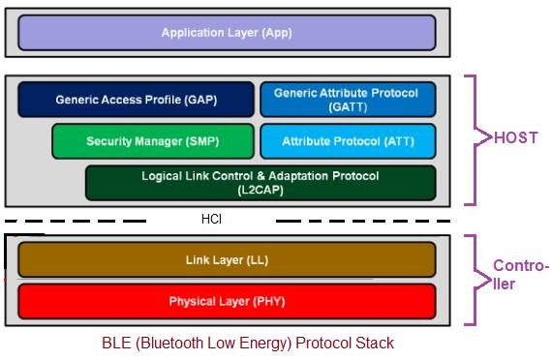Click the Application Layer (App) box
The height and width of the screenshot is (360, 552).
227,33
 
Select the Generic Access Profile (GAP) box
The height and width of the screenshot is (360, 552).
136,99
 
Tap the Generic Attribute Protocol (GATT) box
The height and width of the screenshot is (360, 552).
347,99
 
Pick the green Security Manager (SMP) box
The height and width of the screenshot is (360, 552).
153,141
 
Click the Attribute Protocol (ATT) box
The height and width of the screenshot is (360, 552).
347,141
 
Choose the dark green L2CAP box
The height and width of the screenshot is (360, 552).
260,183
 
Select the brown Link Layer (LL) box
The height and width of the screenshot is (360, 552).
227,259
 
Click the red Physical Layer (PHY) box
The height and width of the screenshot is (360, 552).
227,301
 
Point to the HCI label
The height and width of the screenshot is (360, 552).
211,220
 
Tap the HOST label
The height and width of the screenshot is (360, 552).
515,138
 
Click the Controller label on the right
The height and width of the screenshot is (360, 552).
521,275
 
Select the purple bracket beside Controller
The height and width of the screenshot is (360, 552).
473,278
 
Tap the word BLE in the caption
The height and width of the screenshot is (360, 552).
115,343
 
